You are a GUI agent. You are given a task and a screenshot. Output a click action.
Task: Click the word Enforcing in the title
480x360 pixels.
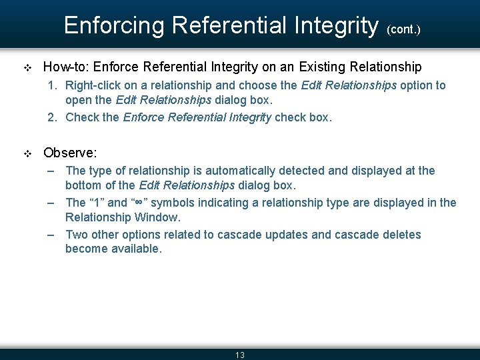coord(114,25)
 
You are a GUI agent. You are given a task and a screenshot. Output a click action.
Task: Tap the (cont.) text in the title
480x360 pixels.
coord(403,29)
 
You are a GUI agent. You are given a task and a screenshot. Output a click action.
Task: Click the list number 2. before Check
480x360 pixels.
coord(53,117)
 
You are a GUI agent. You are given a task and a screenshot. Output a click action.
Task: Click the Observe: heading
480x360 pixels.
coord(70,153)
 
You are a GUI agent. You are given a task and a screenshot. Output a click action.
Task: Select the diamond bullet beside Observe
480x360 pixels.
coord(27,153)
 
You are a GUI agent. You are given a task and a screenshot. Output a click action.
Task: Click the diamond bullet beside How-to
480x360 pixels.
coord(27,67)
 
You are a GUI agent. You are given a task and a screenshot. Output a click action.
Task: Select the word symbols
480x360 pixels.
coord(174,203)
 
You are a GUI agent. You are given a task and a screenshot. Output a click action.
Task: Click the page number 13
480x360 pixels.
coord(240,355)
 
